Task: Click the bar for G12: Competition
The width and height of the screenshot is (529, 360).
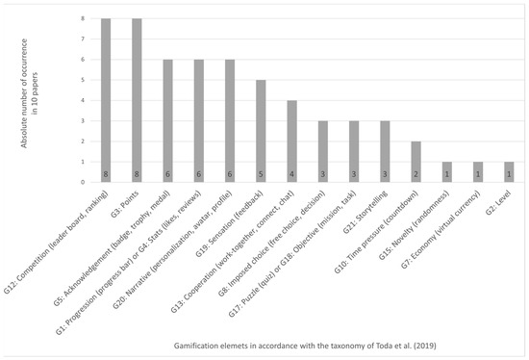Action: click(106, 100)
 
